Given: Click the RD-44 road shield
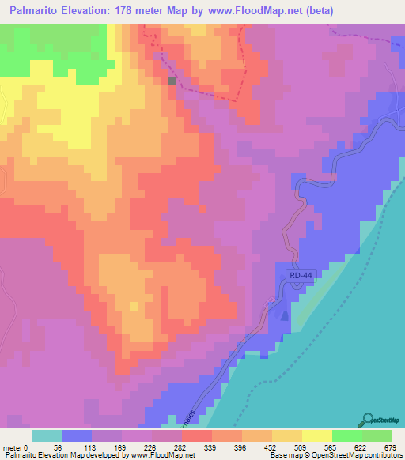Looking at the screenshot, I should (x=298, y=275).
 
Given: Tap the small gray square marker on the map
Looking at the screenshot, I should (x=172, y=80).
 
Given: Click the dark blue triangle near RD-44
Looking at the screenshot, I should (x=284, y=315).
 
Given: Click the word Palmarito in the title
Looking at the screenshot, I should (x=39, y=11).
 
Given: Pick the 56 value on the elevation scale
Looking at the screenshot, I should (x=56, y=447).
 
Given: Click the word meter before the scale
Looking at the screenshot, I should (x=13, y=447).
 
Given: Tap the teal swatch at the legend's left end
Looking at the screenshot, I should (x=46, y=435).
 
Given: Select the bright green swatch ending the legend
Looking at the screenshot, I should (x=377, y=435).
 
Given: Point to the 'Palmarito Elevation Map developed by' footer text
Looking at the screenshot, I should (x=55, y=455).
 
